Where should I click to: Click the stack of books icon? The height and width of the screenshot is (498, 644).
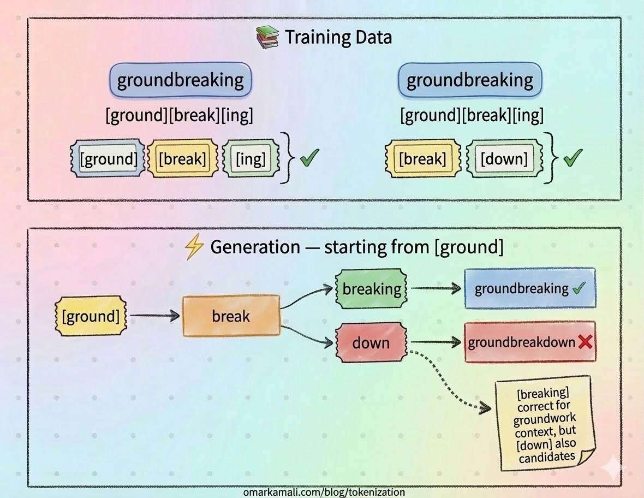tap(267, 38)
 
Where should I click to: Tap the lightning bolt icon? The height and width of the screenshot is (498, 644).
tap(193, 247)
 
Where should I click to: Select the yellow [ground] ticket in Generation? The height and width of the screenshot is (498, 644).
tap(91, 316)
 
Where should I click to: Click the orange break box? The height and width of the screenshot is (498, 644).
tap(231, 316)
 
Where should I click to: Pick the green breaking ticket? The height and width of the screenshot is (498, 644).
tap(372, 288)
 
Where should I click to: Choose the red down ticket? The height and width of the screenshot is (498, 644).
tap(371, 342)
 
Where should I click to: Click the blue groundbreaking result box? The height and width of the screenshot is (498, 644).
tap(529, 288)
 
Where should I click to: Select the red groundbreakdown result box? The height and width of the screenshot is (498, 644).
tap(529, 342)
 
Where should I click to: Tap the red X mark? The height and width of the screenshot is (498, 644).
tap(585, 342)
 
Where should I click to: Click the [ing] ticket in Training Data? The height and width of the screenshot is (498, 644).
tap(251, 159)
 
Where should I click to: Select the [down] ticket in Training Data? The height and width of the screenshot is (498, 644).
tap(504, 159)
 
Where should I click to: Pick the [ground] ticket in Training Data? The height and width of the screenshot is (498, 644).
tap(108, 159)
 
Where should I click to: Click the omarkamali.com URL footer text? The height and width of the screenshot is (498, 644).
tap(324, 492)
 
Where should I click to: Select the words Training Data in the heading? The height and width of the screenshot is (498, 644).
tap(338, 38)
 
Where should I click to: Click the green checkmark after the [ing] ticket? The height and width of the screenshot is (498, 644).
tap(309, 158)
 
